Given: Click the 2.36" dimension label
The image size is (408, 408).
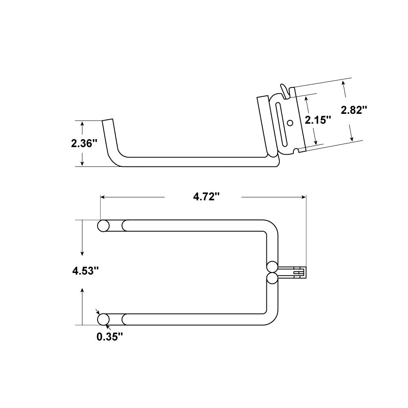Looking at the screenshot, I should pyautogui.click(x=84, y=143).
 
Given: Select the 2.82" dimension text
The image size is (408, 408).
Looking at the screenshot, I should pyautogui.click(x=354, y=110).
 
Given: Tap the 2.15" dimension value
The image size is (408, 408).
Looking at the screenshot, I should pyautogui.click(x=317, y=120).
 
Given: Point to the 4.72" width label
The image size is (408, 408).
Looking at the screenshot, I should pyautogui.click(x=206, y=197).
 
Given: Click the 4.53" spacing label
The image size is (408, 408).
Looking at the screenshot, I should pyautogui.click(x=85, y=270).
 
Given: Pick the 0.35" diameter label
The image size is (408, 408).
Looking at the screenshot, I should pyautogui.click(x=110, y=337).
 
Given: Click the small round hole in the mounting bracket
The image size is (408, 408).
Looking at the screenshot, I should pyautogui.click(x=290, y=122).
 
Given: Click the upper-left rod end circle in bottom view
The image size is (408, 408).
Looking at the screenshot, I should pyautogui.click(x=103, y=226).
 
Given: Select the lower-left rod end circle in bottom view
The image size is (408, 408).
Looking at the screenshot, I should pyautogui.click(x=103, y=319).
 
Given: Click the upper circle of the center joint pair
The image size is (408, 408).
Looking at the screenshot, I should pyautogui.click(x=272, y=267).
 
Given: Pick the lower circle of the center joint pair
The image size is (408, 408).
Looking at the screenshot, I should pyautogui.click(x=272, y=279).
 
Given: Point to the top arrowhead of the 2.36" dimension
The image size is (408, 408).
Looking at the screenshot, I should pyautogui.click(x=82, y=124).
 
